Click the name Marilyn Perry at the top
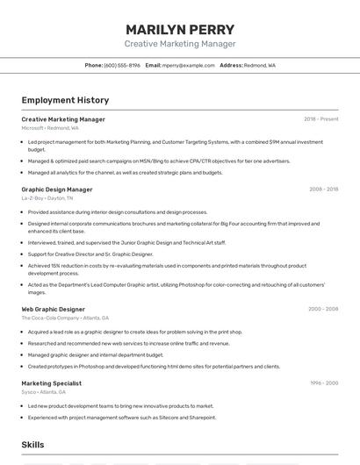pyautogui.click(x=180, y=29)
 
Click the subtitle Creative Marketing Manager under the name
pyautogui.click(x=180, y=44)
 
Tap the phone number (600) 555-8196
pyautogui.click(x=122, y=65)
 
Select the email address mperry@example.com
pyautogui.click(x=189, y=65)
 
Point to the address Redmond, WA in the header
pyautogui.click(x=259, y=65)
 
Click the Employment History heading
pyautogui.click(x=65, y=100)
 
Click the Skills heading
pyautogui.click(x=33, y=446)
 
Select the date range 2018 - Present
pyautogui.click(x=320, y=119)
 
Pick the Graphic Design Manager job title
pyautogui.click(x=57, y=190)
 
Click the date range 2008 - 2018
pyautogui.click(x=323, y=190)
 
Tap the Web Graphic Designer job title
pyautogui.click(x=54, y=309)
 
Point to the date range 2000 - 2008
pyautogui.click(x=323, y=309)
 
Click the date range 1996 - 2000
pyautogui.click(x=323, y=383)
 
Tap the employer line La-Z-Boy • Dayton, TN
pyautogui.click(x=47, y=198)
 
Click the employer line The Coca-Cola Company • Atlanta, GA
pyautogui.click(x=65, y=318)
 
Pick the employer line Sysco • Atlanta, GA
pyautogui.click(x=45, y=392)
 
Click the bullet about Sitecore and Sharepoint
pyautogui.click(x=122, y=418)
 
